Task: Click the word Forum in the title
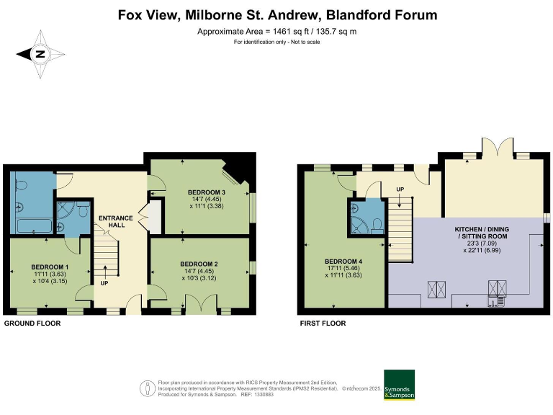click(x=411, y=15)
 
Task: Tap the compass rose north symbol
click(x=40, y=53)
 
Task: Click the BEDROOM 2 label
click(x=199, y=264)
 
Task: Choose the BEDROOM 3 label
click(x=207, y=192)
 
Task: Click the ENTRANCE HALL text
click(x=115, y=221)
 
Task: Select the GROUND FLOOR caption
click(x=32, y=323)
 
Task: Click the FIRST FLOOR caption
click(x=323, y=323)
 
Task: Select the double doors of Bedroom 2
click(x=207, y=303)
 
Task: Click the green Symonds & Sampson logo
click(x=399, y=384)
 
